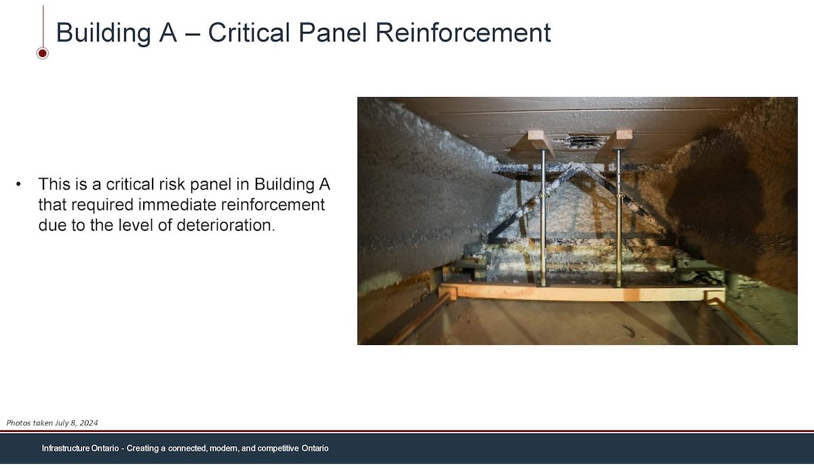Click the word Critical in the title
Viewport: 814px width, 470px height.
click(x=249, y=33)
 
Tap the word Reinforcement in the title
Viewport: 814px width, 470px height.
click(x=463, y=33)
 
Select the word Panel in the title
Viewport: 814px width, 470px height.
click(x=332, y=33)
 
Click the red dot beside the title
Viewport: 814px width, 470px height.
click(x=43, y=54)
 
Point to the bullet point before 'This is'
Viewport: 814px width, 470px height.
click(x=18, y=184)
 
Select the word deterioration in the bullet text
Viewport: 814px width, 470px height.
click(x=226, y=225)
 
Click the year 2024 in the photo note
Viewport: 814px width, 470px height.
click(x=89, y=422)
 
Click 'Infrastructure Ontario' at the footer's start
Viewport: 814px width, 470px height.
click(x=80, y=448)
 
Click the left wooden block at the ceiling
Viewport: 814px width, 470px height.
click(x=537, y=141)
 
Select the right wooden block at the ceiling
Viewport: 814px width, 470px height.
click(x=621, y=140)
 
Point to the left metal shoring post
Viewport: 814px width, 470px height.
click(x=543, y=217)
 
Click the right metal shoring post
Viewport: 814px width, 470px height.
click(x=619, y=217)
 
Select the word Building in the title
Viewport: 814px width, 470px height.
click(x=103, y=33)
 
